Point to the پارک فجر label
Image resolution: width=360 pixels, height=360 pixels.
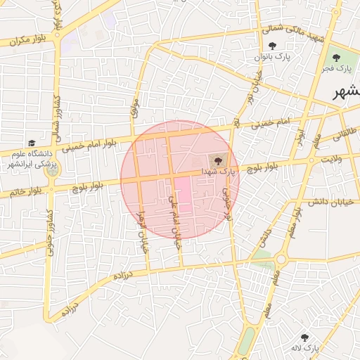(336, 68)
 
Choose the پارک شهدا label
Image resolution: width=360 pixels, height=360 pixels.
(214, 171)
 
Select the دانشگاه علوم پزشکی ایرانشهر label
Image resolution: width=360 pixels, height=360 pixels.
(32, 158)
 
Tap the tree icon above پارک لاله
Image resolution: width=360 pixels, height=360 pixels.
(305, 337)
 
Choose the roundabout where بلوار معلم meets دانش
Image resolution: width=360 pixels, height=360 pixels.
(281, 259)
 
